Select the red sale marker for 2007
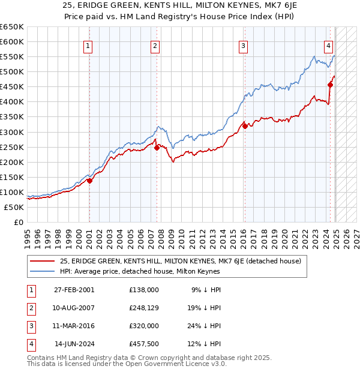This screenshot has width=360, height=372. (x=157, y=147)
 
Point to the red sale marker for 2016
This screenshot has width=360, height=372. (x=245, y=126)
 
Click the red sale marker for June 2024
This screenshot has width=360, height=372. (x=331, y=85)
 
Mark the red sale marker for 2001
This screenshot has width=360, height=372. (x=89, y=180)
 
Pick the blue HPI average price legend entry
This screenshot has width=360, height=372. (x=140, y=271)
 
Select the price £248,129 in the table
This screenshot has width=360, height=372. (x=143, y=308)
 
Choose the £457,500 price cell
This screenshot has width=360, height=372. (x=143, y=344)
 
